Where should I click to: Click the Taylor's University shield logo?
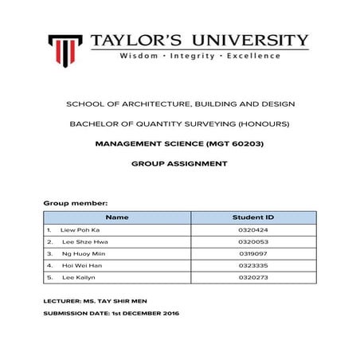click(65, 49)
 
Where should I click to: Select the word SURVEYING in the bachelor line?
click(209, 124)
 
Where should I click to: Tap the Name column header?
click(116, 217)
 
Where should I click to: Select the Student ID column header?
click(252, 217)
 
